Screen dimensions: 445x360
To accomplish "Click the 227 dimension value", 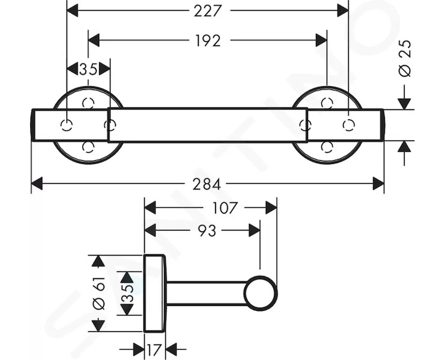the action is pyautogui.click(x=207, y=11).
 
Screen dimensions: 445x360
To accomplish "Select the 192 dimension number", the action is pyautogui.click(x=208, y=41).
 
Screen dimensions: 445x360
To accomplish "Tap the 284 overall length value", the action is pyautogui.click(x=207, y=184).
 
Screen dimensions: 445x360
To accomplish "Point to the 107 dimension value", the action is pyautogui.click(x=224, y=208).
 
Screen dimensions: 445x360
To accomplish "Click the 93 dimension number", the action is pyautogui.click(x=207, y=231).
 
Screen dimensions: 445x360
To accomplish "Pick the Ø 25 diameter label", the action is pyautogui.click(x=405, y=58).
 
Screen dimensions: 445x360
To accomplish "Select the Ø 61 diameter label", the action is pyautogui.click(x=99, y=293).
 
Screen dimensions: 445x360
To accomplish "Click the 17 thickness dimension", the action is pyautogui.click(x=154, y=350).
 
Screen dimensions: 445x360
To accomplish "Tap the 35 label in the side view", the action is pyautogui.click(x=127, y=293).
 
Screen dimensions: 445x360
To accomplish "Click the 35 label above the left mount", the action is pyautogui.click(x=88, y=70).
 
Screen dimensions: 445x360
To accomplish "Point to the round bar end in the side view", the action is pyautogui.click(x=260, y=293).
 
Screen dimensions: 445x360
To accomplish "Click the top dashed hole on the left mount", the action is pyautogui.click(x=88, y=103).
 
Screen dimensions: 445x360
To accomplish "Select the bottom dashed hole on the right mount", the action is pyautogui.click(x=327, y=147).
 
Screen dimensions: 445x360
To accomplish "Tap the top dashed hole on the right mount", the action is pyautogui.click(x=327, y=103).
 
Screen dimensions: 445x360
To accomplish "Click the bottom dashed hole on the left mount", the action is pyautogui.click(x=88, y=147).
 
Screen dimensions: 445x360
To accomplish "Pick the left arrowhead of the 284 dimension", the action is pyautogui.click(x=37, y=184).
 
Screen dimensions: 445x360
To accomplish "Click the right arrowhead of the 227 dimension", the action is pyautogui.click(x=343, y=11).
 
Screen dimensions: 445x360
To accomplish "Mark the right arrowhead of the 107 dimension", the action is pyautogui.click(x=271, y=208).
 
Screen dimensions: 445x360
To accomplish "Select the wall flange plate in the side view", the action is pyautogui.click(x=154, y=293).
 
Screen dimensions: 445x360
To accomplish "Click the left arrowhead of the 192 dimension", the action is pyautogui.click(x=94, y=40).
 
